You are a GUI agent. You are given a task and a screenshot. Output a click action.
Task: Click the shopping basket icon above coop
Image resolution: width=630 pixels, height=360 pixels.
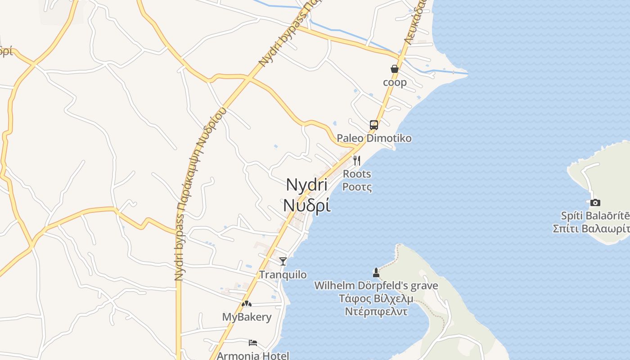point(395,69)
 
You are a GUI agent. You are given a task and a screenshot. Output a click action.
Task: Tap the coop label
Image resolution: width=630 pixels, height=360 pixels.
point(395,82)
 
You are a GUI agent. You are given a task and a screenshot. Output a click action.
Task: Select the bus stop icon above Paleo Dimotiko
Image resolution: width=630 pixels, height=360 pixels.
point(374,125)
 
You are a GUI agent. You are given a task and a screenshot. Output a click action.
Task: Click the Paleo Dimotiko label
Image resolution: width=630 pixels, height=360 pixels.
point(374,138)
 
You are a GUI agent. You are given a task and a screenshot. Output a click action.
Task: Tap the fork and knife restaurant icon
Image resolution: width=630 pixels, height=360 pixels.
point(357,160)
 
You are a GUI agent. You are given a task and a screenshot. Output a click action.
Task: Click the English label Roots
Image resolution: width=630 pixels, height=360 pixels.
point(357,174)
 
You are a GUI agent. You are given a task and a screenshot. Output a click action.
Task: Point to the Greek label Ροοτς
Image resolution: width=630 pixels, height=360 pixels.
point(357,186)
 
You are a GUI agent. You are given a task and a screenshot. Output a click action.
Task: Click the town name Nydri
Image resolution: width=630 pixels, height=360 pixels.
point(307,184)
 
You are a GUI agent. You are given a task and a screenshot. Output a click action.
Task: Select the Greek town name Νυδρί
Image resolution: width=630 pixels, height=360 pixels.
point(307,205)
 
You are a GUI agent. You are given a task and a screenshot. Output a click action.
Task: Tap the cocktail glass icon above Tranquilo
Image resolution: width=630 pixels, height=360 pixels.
point(283,261)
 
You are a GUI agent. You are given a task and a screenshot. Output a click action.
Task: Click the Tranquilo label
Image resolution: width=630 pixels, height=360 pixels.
point(283,274)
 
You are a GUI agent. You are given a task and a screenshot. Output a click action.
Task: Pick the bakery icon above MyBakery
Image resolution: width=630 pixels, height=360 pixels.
point(246,304)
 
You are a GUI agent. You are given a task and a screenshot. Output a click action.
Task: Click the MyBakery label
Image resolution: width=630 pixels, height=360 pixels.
point(247,317)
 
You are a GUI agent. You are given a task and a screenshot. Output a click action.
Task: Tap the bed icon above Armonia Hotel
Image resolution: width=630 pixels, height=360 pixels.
point(253,343)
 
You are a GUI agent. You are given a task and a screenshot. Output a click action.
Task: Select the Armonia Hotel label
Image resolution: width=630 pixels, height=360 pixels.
point(253,355)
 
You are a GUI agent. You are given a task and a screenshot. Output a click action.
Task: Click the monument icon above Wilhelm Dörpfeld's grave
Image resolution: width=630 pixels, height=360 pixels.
point(376,272)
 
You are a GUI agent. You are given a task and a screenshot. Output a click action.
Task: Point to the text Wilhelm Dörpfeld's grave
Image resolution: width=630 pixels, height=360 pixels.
point(376,285)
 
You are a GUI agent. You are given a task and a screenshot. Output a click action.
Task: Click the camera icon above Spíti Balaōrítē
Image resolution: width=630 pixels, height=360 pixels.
point(595,202)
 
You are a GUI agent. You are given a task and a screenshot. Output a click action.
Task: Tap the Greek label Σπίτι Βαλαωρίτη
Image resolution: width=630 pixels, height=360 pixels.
point(591,228)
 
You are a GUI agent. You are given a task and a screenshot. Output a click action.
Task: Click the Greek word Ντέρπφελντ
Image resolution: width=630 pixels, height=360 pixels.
point(376,311)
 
